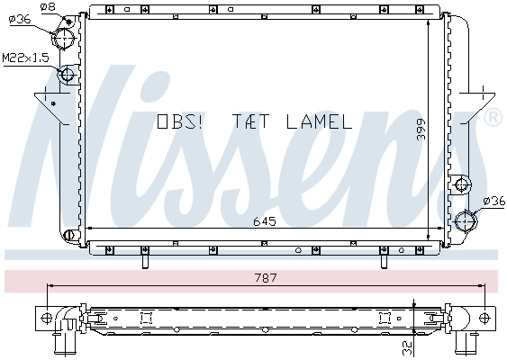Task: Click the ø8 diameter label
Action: pos(48,6)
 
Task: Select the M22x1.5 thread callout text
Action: pos(25,58)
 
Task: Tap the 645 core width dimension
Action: pos(265,221)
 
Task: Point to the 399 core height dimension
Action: pos(421,130)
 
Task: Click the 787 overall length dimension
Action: pos(266,278)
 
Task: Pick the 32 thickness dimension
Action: pos(408,347)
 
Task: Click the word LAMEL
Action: pos(319,121)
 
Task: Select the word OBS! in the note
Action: pos(179,121)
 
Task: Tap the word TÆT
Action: pos(251,121)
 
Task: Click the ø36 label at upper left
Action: pos(20,20)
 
